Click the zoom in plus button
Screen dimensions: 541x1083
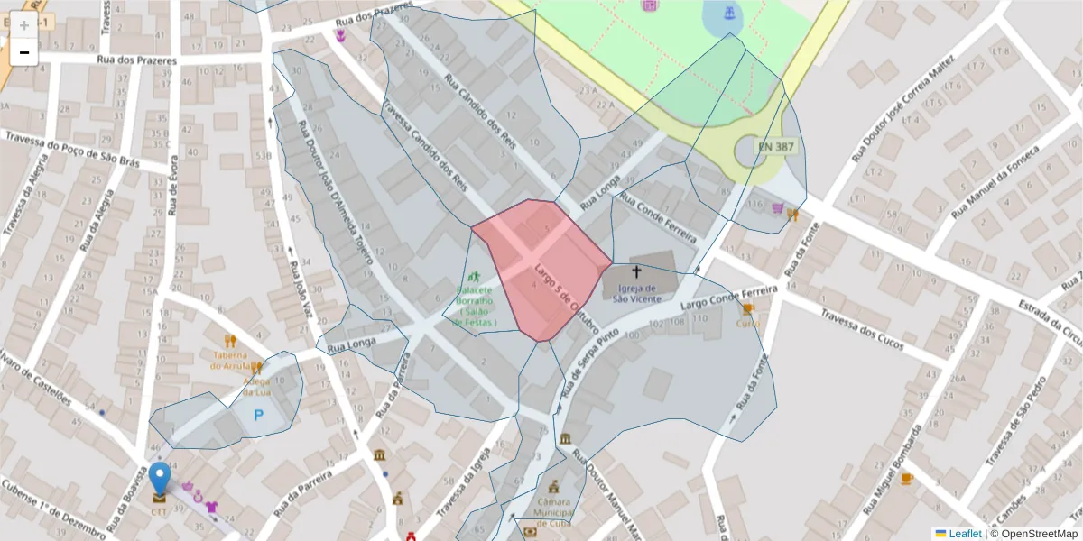[x=24, y=25]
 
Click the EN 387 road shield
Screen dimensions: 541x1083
[x=776, y=146]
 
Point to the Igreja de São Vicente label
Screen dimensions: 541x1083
[x=636, y=294]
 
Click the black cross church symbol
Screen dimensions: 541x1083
[x=636, y=271]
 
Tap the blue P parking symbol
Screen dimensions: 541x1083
[x=259, y=416]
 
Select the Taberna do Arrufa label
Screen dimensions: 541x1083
[x=230, y=361]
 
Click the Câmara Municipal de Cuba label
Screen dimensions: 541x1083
[x=554, y=512]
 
